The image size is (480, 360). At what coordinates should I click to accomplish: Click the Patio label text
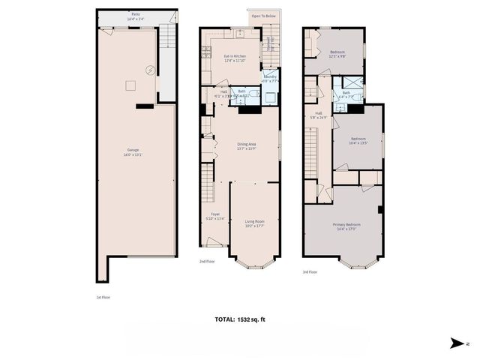(x=136, y=13)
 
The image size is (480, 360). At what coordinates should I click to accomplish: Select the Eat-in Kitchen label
(x=235, y=56)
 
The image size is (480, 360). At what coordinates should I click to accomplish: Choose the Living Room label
(x=255, y=221)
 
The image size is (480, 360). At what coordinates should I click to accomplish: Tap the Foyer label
(x=215, y=214)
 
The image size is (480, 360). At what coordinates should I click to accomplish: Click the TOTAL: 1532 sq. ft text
(x=240, y=319)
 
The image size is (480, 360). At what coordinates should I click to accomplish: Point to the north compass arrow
(x=455, y=343)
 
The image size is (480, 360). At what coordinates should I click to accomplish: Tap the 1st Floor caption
(x=103, y=297)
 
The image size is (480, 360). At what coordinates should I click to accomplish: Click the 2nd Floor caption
(x=207, y=262)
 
